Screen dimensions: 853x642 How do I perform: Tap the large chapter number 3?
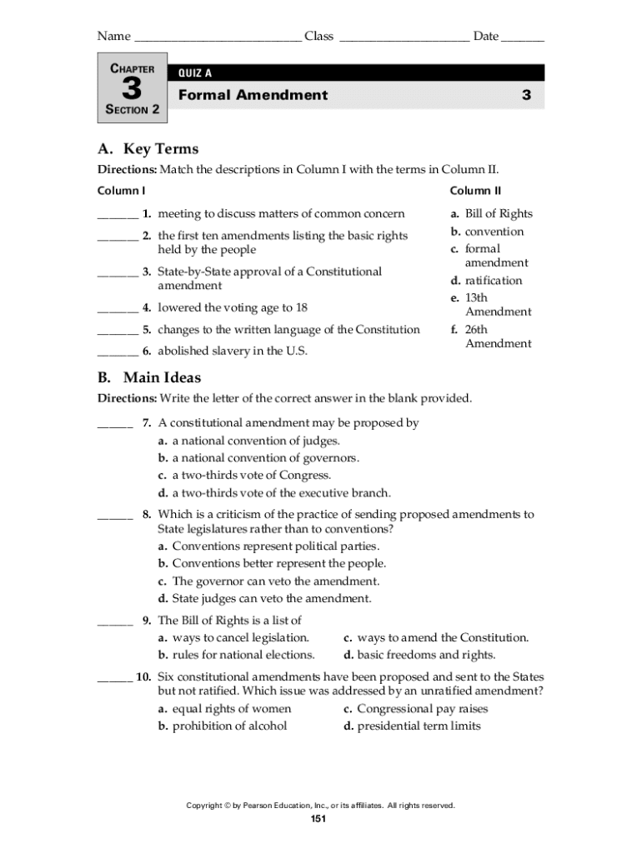pyautogui.click(x=132, y=89)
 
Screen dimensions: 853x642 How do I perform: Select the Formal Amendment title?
pyautogui.click(x=253, y=95)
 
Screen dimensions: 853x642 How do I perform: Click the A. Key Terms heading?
pyautogui.click(x=148, y=149)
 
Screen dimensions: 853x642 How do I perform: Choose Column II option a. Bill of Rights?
pyautogui.click(x=492, y=214)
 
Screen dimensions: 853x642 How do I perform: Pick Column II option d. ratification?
pyautogui.click(x=487, y=281)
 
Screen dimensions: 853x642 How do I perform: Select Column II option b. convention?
pyautogui.click(x=488, y=232)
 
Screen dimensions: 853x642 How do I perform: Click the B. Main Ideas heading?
pyautogui.click(x=149, y=378)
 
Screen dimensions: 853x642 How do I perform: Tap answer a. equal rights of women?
pyautogui.click(x=225, y=709)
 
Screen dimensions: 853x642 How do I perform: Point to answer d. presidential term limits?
pyautogui.click(x=412, y=726)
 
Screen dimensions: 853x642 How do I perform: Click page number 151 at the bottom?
pyautogui.click(x=318, y=820)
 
